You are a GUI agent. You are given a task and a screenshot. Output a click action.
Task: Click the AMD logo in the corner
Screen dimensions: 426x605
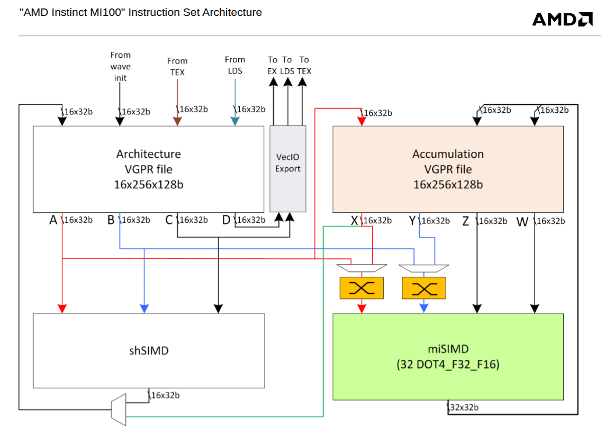(562, 20)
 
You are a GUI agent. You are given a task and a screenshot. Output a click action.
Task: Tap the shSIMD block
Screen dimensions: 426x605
(149, 350)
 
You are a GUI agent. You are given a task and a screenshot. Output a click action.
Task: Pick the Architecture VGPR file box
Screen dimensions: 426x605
(149, 169)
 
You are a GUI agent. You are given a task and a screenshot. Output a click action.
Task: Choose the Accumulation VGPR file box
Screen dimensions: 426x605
(448, 169)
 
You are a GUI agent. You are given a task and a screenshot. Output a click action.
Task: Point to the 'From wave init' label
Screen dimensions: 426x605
(121, 66)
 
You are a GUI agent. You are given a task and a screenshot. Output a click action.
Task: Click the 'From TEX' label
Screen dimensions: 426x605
(177, 66)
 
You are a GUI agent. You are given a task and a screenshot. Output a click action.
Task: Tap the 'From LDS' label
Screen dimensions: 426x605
(234, 65)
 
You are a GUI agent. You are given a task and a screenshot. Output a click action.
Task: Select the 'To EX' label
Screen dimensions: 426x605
(273, 65)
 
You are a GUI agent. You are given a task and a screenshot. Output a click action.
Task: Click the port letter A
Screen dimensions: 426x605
(53, 220)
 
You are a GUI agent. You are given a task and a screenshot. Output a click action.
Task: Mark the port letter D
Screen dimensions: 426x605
(226, 220)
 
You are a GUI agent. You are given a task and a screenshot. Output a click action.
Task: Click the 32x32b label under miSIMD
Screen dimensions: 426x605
(464, 407)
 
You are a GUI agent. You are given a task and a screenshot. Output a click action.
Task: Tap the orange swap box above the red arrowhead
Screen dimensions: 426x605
(362, 288)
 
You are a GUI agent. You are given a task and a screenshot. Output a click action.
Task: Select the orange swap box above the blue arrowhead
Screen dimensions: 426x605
(424, 288)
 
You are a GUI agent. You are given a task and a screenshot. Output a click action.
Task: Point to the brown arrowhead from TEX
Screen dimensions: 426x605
(177, 121)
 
